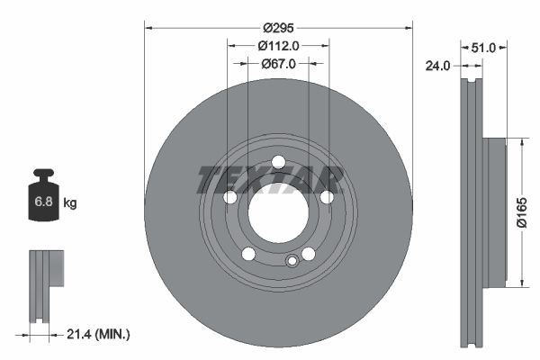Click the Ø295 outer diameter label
[x=278, y=27]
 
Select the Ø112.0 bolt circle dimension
[x=278, y=45]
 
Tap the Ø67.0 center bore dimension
[x=278, y=64]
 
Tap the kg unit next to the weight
[x=70, y=202]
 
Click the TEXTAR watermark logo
[x=270, y=178]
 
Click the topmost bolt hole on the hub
[x=278, y=161]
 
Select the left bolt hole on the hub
[x=229, y=197]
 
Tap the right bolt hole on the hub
[x=327, y=197]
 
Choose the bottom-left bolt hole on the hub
[x=248, y=254]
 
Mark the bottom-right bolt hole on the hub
[x=309, y=254]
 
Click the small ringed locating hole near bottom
[x=291, y=261]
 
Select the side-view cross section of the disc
[x=472, y=212]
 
